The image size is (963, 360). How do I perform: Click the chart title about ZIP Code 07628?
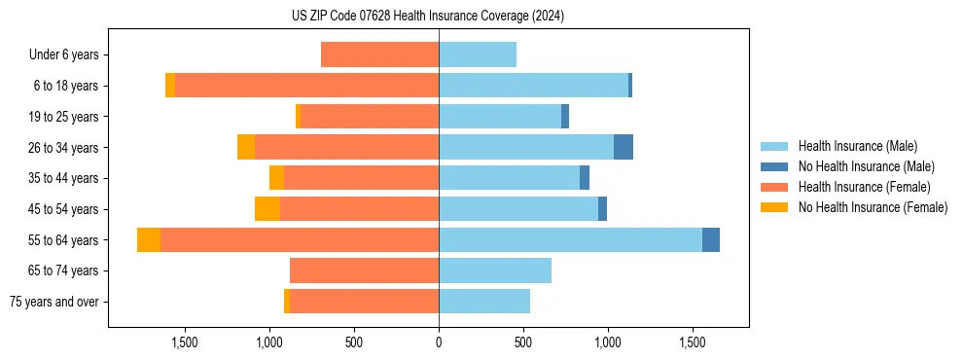tap(428, 17)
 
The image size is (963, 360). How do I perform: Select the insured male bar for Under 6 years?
tap(478, 54)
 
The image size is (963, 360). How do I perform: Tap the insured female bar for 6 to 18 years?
tap(306, 86)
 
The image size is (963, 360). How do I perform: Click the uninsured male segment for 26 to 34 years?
tap(624, 147)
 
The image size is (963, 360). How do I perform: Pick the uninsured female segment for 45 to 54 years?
tap(267, 209)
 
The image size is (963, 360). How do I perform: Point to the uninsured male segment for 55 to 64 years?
tap(711, 239)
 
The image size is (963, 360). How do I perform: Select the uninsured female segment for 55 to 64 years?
tap(149, 239)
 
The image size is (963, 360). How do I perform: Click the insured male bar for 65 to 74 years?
tap(495, 270)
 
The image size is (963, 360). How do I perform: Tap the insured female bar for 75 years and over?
tap(364, 302)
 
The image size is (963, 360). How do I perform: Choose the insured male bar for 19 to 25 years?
tap(500, 117)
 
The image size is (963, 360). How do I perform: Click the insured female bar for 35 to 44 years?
tap(361, 178)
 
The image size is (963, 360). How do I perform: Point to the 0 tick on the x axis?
tap(439, 342)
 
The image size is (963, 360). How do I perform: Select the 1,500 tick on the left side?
tap(185, 342)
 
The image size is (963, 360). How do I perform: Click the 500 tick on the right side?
tap(523, 342)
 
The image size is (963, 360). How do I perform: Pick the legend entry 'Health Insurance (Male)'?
tap(857, 146)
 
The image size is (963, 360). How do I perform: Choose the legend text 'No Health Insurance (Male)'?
tap(866, 166)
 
